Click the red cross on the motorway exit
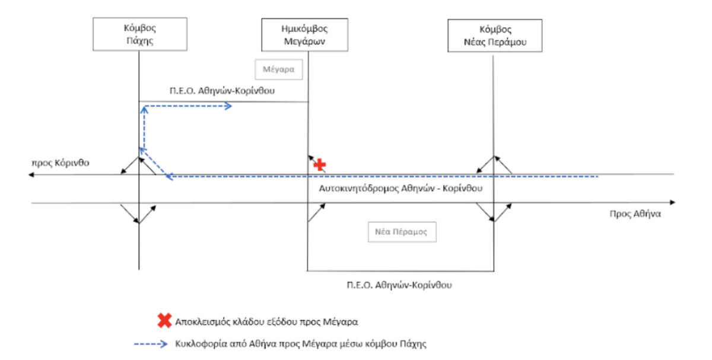(320, 165)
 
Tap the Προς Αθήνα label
(635, 214)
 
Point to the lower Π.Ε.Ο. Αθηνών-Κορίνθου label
(400, 285)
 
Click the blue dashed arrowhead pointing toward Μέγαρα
(229, 106)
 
